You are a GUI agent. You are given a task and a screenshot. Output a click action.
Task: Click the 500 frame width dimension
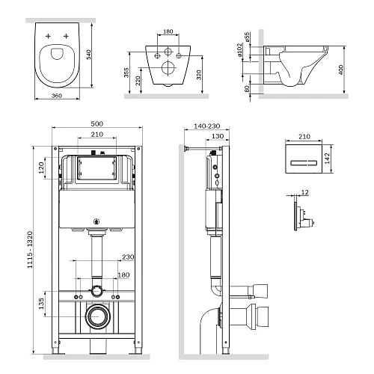[x=96, y=123]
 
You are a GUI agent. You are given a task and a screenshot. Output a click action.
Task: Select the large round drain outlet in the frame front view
[x=96, y=316]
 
